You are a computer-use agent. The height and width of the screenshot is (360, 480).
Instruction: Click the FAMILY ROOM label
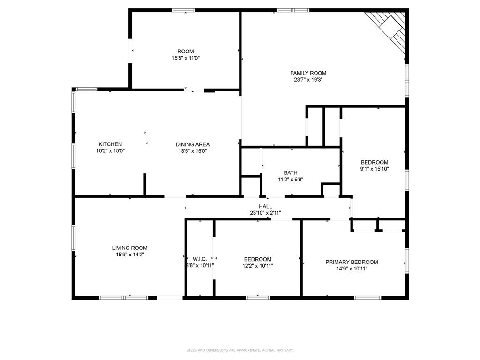(308, 73)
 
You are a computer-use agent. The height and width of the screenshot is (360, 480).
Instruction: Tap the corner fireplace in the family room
(389, 28)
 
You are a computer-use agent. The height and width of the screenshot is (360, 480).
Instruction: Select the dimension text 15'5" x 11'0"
(186, 58)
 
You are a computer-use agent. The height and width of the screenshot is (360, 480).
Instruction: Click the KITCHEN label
(110, 144)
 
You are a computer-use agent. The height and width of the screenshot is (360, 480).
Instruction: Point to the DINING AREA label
(192, 144)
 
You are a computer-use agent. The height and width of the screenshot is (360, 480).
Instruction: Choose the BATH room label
(290, 173)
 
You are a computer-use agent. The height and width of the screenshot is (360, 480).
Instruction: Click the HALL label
(265, 206)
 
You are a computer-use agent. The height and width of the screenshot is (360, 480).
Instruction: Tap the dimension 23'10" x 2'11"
(265, 213)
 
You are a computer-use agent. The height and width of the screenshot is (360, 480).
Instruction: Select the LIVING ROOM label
(130, 248)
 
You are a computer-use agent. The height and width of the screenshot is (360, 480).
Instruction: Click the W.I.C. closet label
(200, 259)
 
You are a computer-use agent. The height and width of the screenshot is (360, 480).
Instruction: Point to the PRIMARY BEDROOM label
(352, 262)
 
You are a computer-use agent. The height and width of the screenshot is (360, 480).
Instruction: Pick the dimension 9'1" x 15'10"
(375, 169)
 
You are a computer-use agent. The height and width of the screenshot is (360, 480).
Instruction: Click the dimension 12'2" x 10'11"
(258, 266)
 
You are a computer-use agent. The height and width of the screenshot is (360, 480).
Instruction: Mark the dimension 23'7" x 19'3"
(308, 80)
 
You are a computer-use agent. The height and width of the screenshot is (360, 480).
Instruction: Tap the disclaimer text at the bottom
(240, 350)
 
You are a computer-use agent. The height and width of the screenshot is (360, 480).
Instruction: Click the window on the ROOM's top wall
(183, 10)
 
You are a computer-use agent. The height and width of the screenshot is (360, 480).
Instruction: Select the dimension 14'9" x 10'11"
(352, 269)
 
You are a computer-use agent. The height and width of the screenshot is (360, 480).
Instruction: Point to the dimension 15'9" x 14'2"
(130, 255)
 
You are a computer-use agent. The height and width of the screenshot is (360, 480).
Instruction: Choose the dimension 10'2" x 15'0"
(110, 151)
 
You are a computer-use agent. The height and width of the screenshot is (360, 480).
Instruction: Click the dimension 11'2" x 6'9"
(290, 179)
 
